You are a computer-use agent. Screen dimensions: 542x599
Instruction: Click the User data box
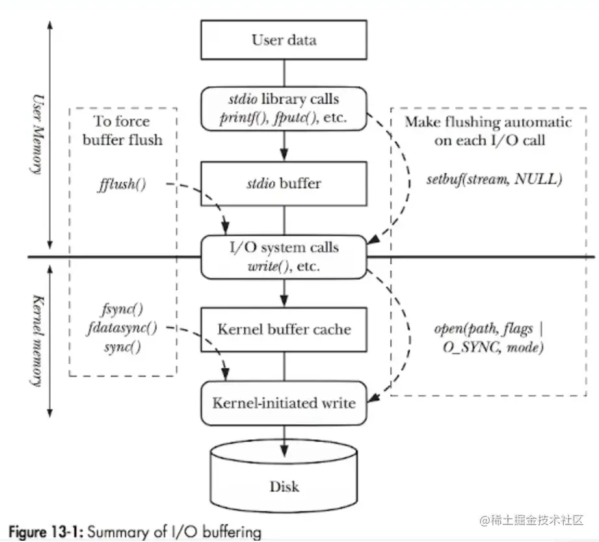(x=284, y=40)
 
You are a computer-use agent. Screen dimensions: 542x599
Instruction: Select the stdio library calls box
(x=284, y=109)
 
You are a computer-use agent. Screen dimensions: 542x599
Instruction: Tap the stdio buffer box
(x=284, y=183)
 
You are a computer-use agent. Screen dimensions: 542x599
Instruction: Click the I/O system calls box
(x=284, y=256)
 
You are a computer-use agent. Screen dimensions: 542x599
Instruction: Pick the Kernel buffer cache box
(x=284, y=329)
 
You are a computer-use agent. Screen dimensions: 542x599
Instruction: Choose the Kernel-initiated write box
(x=284, y=403)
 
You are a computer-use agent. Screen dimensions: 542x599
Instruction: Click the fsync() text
(x=123, y=310)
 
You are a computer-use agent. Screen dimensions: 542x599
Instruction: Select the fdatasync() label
(x=123, y=328)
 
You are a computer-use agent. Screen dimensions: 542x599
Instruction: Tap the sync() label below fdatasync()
(x=123, y=346)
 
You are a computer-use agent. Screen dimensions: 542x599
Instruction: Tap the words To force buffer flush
(x=122, y=130)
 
